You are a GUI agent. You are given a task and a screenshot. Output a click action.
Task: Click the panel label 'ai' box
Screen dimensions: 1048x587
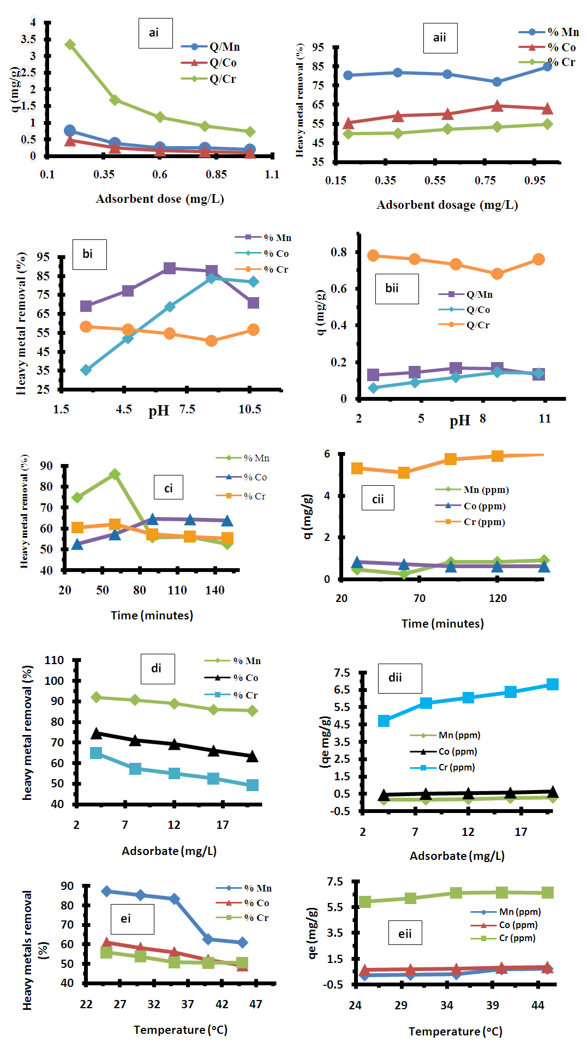pos(155,33)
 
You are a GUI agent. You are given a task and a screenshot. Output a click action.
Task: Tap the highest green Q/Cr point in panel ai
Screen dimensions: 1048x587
pos(70,45)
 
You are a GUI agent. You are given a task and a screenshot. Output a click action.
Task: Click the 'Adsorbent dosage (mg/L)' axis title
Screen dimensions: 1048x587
pos(447,205)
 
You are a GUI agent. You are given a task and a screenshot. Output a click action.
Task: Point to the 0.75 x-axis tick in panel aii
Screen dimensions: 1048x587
pos(485,180)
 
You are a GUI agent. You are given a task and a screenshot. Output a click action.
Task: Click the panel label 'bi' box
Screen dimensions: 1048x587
pos(89,254)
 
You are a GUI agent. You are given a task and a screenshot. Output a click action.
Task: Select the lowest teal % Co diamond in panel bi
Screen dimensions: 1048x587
pos(86,370)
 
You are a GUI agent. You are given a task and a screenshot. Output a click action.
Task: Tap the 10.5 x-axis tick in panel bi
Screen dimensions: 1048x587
pos(250,409)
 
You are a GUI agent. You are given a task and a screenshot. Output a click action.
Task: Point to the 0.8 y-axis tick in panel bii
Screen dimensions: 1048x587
pos(339,252)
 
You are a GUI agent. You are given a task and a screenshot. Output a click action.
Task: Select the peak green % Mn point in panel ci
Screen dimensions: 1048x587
pos(115,474)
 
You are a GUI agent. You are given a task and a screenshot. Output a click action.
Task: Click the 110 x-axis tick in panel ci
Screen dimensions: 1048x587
pos(177,590)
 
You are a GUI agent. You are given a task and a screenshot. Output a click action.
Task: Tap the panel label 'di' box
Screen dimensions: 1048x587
pos(157,668)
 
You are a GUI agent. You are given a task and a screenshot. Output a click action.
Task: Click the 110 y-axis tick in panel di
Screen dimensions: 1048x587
pos(54,660)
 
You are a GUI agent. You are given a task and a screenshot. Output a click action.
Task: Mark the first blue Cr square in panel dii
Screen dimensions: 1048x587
pos(384,721)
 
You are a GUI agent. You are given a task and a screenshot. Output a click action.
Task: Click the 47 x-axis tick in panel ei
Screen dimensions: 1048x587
pos(256,1004)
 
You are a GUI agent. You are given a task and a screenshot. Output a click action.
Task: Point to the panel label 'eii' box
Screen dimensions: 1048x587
pos(405,933)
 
